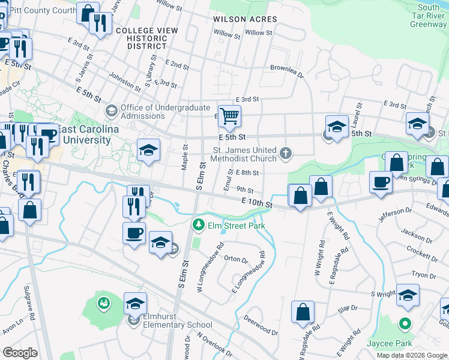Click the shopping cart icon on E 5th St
click(x=229, y=115)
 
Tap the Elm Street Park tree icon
click(x=196, y=226)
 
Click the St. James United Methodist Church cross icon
click(x=285, y=154)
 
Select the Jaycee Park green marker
click(x=405, y=325)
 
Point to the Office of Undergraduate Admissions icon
click(x=110, y=110)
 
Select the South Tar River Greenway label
click(x=428, y=16)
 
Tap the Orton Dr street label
click(x=235, y=260)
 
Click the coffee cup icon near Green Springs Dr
click(x=381, y=181)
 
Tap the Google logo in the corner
click(x=20, y=353)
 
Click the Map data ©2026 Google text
click(x=412, y=355)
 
